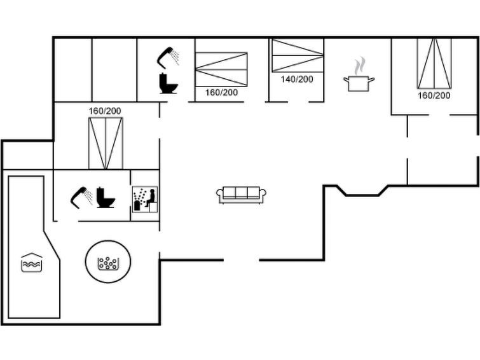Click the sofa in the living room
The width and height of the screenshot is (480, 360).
(x=241, y=195)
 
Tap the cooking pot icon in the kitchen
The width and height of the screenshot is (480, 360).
(x=359, y=84)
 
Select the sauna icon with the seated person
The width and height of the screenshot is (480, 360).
(x=145, y=199)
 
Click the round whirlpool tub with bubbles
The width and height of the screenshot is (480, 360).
(x=108, y=261)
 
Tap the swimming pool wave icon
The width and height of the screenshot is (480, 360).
(x=32, y=263)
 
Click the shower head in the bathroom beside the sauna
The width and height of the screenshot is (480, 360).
(x=81, y=197)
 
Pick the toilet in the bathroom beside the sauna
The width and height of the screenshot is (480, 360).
(x=106, y=198)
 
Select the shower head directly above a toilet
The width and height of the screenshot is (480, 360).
(x=168, y=58)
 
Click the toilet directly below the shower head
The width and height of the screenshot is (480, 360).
(x=168, y=83)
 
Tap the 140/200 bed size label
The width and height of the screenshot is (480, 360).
(x=297, y=79)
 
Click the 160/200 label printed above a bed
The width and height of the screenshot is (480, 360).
(x=105, y=111)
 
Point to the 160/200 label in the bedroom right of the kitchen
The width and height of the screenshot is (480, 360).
(x=434, y=95)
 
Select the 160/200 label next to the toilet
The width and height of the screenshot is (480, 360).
(x=221, y=92)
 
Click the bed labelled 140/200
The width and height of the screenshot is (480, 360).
(x=298, y=55)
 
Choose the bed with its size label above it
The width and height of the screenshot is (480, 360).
(x=106, y=143)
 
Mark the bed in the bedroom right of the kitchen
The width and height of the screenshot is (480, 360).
(x=434, y=64)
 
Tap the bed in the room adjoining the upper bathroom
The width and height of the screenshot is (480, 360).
(x=221, y=69)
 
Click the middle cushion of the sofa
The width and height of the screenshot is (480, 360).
(x=241, y=193)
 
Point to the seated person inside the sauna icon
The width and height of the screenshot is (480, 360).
(x=150, y=198)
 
